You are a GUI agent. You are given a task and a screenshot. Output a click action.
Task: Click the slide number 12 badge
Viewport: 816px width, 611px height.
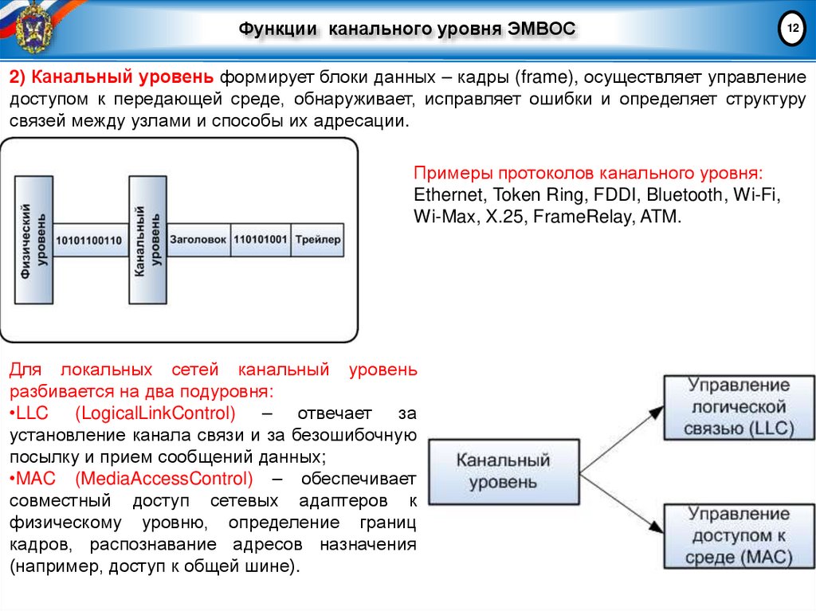792,29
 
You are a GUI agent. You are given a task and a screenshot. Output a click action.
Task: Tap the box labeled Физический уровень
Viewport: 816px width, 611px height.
33,239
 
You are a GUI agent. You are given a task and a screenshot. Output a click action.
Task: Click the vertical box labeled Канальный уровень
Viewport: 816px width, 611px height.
147,239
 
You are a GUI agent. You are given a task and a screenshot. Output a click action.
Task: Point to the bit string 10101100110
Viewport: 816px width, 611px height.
90,241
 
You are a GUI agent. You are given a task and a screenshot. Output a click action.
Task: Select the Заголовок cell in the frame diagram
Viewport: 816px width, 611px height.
198,239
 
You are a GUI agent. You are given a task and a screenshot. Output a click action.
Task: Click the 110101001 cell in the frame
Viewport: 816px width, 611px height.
260,239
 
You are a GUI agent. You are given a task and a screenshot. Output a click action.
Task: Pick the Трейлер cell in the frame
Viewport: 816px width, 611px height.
316,239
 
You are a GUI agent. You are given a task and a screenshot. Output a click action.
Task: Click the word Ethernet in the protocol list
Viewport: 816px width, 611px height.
449,194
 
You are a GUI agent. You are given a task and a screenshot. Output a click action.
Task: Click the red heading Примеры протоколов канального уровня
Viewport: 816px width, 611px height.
588,173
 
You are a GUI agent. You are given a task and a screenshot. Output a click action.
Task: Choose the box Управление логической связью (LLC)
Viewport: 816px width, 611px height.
739,407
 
